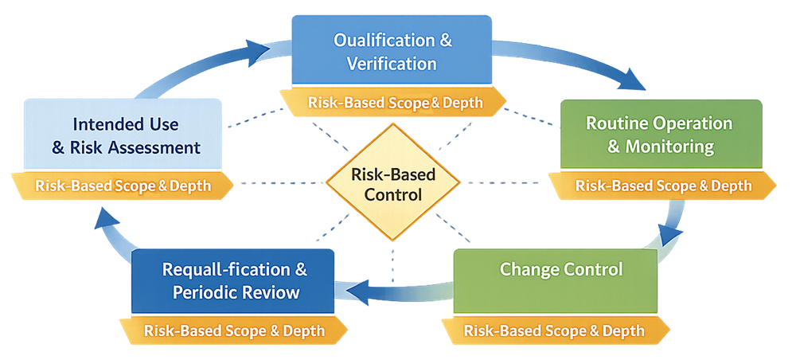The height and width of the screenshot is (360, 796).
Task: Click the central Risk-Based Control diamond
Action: coord(393,183)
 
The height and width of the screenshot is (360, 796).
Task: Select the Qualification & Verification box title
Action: coord(392,51)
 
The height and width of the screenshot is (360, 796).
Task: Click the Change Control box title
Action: coord(561,269)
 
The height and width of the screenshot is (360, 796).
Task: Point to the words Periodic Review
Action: coord(236,293)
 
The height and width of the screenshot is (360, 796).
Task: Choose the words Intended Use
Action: coord(126,125)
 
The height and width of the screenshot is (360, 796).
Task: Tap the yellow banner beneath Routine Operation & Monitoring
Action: coord(663,186)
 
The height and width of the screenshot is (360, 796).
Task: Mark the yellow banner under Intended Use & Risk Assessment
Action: coord(123,186)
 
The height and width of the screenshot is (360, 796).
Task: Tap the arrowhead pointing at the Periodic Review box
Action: coord(353,293)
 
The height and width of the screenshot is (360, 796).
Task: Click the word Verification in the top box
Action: coord(392,63)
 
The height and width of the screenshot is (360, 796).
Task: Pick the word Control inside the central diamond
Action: coord(393,194)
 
